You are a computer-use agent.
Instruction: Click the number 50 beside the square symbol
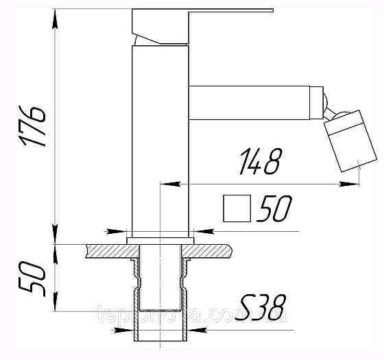pos(274,209)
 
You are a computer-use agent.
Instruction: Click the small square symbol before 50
pos(237,209)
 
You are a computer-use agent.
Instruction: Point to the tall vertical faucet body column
pos(160,137)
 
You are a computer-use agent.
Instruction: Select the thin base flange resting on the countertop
pos(160,239)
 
